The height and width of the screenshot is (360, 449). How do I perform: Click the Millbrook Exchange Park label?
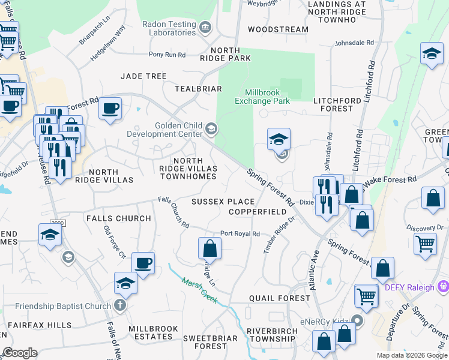[267, 97]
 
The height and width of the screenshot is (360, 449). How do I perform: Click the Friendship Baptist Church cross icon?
[120, 306]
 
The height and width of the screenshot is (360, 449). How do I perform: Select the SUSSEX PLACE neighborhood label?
[223, 202]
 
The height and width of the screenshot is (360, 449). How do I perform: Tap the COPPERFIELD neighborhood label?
[258, 212]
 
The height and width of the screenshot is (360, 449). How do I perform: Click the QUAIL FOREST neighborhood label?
[271, 298]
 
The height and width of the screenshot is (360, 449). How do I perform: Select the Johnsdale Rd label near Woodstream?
[354, 43]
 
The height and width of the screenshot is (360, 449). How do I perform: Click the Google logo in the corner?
[20, 353]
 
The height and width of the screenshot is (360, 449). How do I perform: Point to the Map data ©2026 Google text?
[411, 355]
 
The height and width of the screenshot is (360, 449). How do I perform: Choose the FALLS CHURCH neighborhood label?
[119, 218]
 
